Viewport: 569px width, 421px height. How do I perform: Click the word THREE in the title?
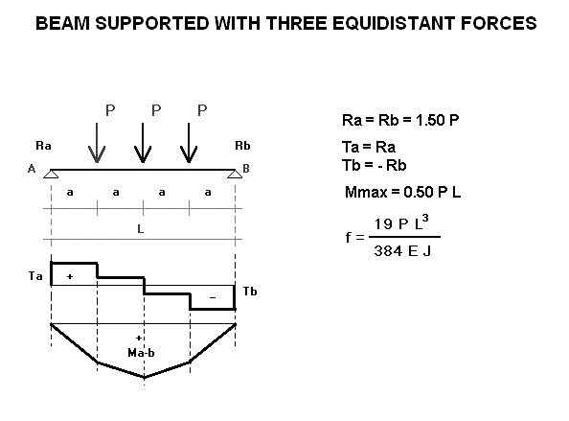click(296, 23)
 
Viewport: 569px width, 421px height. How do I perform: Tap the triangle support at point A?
click(51, 174)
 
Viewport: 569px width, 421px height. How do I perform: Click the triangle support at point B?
click(235, 174)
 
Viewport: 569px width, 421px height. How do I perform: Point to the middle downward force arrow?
click(143, 143)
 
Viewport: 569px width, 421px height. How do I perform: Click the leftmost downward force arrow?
click(97, 143)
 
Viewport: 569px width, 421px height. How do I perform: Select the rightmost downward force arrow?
click(189, 143)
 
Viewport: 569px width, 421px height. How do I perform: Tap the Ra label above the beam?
click(43, 146)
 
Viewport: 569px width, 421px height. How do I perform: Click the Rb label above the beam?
click(242, 146)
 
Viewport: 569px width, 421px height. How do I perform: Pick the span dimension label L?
click(141, 229)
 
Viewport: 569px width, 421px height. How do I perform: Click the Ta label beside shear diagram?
click(35, 276)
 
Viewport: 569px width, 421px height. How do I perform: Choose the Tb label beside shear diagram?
click(250, 292)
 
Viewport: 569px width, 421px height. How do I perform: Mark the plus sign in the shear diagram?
click(70, 277)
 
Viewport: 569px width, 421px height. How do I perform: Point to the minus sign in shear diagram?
click(213, 298)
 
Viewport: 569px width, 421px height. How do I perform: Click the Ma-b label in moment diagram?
click(141, 353)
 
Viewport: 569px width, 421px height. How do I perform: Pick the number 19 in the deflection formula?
click(383, 224)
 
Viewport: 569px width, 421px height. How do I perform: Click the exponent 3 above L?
click(425, 219)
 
